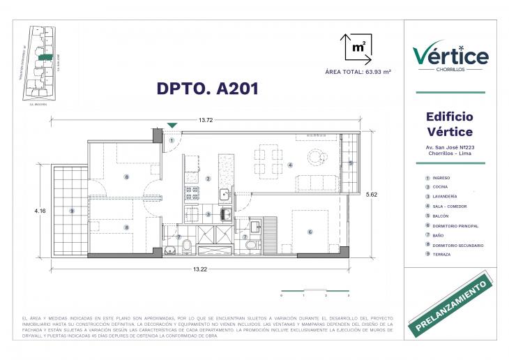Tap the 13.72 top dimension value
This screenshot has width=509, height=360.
pyautogui.click(x=206, y=121)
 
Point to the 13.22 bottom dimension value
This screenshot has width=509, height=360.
pyautogui.click(x=200, y=269)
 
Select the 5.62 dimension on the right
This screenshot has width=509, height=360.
pyautogui.click(x=374, y=195)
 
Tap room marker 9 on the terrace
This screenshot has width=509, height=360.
pyautogui.click(x=71, y=211)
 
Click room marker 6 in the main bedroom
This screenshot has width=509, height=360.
pyautogui.click(x=310, y=232)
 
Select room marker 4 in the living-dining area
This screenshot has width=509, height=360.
pyautogui.click(x=289, y=165)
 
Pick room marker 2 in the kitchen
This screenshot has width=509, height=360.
pyautogui.click(x=208, y=179)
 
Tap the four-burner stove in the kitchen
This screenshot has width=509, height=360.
pyautogui.click(x=192, y=193)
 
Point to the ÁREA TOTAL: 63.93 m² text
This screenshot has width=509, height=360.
pyautogui.click(x=356, y=72)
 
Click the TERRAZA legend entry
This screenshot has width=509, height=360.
pyautogui.click(x=440, y=255)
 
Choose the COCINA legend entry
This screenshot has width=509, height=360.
pyautogui.click(x=440, y=187)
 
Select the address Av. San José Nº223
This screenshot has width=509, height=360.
pyautogui.click(x=450, y=147)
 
